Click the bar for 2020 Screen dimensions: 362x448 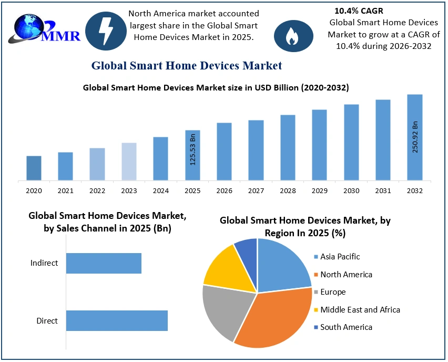coord(34,168)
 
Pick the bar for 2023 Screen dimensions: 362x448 coord(129,162)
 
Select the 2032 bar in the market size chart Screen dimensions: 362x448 coord(414,137)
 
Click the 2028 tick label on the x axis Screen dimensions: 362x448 coord(288,191)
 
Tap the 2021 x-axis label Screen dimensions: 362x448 coord(65,191)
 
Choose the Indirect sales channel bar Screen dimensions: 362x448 coord(104,263)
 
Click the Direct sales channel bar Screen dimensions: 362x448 coord(117,320)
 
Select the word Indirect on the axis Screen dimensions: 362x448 coord(44,263)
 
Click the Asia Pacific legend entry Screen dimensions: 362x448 coord(340,257)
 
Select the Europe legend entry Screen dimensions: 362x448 coord(333,292)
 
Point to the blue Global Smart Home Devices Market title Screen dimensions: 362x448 coord(187,66)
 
